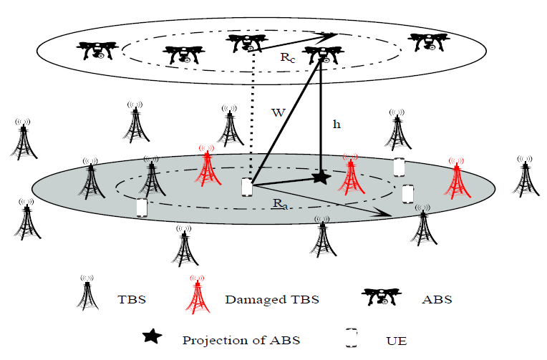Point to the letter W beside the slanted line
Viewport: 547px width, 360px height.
pyautogui.click(x=279, y=112)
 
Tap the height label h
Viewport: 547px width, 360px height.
pyautogui.click(x=337, y=124)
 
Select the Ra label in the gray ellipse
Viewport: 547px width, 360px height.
pyautogui.click(x=280, y=204)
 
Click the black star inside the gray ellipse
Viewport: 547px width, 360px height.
pyautogui.click(x=320, y=176)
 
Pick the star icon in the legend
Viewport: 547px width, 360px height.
pyautogui.click(x=151, y=336)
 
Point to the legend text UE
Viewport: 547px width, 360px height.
pyautogui.click(x=397, y=340)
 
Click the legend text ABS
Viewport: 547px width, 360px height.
pyautogui.click(x=437, y=299)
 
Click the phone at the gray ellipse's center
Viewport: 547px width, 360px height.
pyautogui.click(x=246, y=188)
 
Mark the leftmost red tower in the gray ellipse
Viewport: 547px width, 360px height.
pyautogui.click(x=208, y=169)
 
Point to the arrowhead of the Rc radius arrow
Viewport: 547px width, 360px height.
pyautogui.click(x=333, y=33)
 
